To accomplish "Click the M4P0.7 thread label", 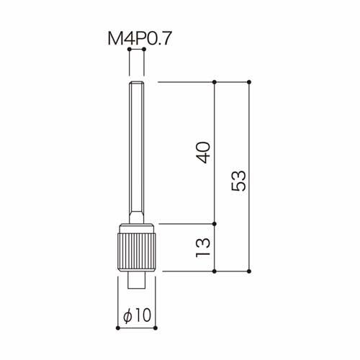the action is pos(140,39).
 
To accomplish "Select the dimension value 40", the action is pos(203,153).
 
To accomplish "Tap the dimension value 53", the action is pos(238,181).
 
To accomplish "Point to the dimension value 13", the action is pos(203,248).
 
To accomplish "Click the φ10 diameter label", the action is pos(137,315).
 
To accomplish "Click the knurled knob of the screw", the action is pos(137,252).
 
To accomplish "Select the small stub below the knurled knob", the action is pos(137,280).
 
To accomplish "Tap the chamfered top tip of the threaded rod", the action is pos(137,83).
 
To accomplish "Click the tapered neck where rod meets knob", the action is pos(137,217).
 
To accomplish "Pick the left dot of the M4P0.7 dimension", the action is pos(130,49).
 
